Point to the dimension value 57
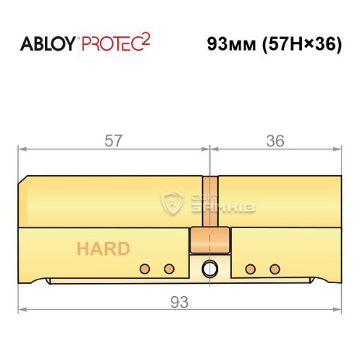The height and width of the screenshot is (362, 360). tap(113, 140)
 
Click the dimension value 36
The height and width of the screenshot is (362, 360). tap(276, 140)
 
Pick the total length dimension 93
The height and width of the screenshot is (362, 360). tap(178, 299)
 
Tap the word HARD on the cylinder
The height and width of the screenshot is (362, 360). tap(103, 249)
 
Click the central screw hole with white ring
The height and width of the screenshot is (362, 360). tap(210, 267)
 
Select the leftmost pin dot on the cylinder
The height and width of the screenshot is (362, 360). tap(145, 269)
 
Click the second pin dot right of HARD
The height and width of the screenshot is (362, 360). tap(169, 269)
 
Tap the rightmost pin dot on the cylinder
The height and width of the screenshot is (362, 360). tap(274, 269)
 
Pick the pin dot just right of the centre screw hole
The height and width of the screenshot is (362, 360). tap(250, 269)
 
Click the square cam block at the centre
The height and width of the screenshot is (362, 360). tap(210, 237)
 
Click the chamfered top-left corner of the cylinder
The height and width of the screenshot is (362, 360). tap(25, 179)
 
